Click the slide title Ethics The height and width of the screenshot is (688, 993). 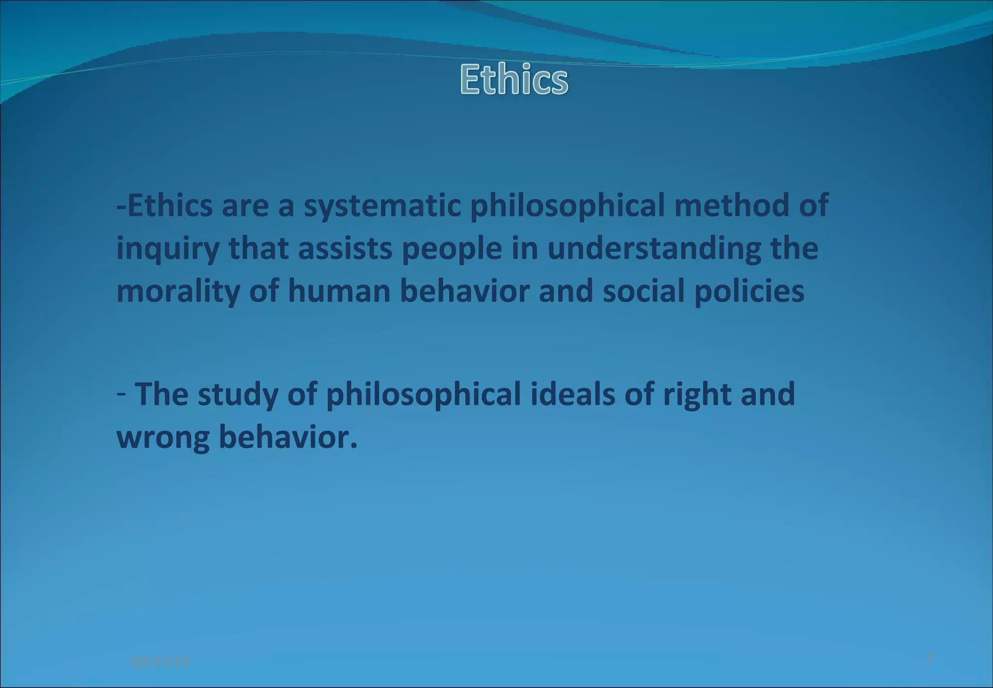(x=514, y=79)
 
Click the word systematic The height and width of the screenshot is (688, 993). (x=382, y=205)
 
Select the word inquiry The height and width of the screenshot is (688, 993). (x=168, y=249)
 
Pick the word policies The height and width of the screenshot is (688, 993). (x=750, y=292)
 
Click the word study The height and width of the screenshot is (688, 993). (x=238, y=394)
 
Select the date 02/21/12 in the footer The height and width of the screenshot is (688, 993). (x=160, y=661)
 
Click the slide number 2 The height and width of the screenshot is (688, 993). (x=930, y=657)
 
